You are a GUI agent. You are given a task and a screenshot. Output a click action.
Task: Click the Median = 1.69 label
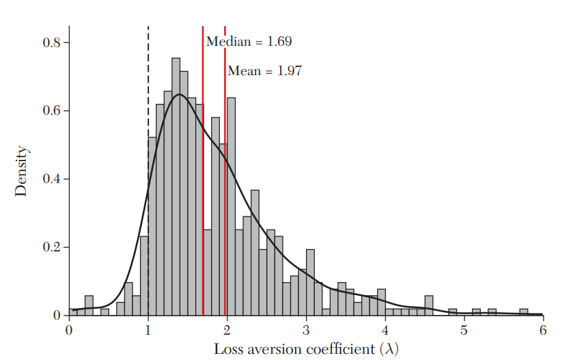[249, 42]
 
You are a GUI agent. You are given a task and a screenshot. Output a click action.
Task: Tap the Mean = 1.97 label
[264, 70]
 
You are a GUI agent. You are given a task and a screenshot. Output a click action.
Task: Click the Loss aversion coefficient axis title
[306, 348]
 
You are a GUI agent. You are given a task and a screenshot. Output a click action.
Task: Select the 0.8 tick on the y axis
[52, 42]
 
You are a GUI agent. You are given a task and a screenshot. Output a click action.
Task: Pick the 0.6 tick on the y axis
[52, 111]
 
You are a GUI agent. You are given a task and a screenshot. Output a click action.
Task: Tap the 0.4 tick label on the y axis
[52, 179]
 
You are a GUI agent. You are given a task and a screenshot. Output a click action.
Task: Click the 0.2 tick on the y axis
[52, 247]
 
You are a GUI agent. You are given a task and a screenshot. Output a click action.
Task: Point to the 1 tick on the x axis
[148, 329]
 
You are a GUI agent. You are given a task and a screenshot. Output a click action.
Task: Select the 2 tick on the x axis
[227, 329]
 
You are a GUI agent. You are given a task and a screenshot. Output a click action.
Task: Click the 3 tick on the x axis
[307, 329]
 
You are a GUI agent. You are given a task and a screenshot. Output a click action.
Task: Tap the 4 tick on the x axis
[385, 329]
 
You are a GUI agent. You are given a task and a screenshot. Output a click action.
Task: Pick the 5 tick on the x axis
[464, 329]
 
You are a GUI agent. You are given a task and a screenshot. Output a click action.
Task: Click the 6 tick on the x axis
[543, 329]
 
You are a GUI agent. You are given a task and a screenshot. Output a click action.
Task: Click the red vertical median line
[203, 171]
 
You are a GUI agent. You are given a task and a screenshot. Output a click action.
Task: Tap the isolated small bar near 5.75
[523, 312]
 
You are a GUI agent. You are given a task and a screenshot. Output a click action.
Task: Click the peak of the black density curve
[178, 94]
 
